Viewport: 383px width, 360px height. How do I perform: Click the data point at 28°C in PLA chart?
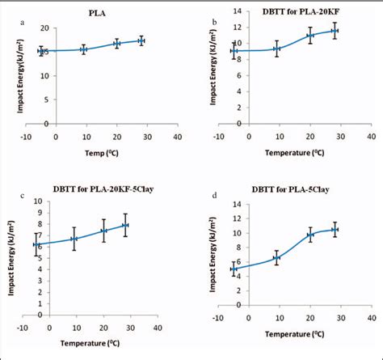click(x=141, y=40)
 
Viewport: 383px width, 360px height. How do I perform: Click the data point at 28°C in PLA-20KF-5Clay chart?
click(x=125, y=225)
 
